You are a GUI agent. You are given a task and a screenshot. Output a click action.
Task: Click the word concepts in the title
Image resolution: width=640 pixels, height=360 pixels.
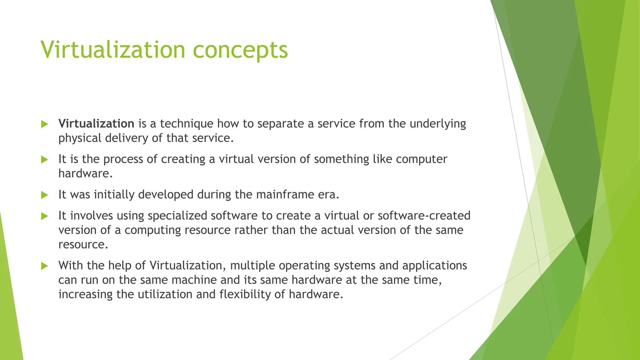240,51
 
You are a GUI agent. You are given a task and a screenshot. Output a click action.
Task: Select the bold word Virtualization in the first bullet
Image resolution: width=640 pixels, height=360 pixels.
96,124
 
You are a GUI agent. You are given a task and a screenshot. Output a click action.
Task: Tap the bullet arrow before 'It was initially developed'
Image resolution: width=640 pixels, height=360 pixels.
44,195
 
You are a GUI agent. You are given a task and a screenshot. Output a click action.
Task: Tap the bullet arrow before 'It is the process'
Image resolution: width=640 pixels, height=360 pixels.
44,160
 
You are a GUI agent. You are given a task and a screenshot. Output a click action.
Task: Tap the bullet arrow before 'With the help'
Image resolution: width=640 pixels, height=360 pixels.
44,266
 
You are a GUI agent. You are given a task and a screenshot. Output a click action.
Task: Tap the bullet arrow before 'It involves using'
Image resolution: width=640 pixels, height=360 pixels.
44,216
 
